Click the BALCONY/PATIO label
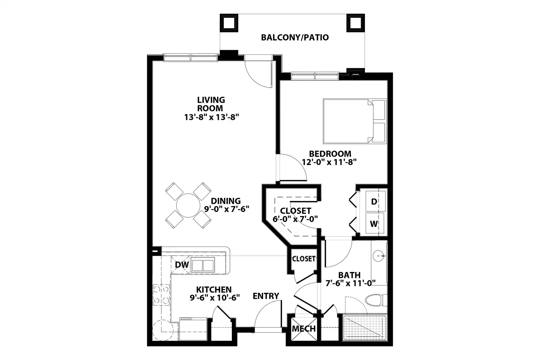tap(295, 37)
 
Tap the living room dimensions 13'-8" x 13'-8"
tap(211, 117)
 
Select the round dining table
tap(188, 205)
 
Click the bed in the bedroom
tap(354, 121)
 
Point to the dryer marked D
tap(375, 201)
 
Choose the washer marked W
tap(375, 223)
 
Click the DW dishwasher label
tap(182, 265)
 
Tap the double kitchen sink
tap(203, 265)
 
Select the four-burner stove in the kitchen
tap(161, 295)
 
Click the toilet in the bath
tap(376, 300)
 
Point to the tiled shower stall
tap(365, 328)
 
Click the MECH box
tap(304, 329)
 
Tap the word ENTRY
tap(266, 296)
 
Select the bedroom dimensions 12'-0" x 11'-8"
tap(329, 162)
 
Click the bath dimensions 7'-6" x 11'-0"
tap(351, 283)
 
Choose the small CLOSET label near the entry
tap(304, 259)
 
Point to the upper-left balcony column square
tap(229, 23)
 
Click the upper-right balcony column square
tap(356, 23)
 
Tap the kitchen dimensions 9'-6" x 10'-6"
tap(215, 298)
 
